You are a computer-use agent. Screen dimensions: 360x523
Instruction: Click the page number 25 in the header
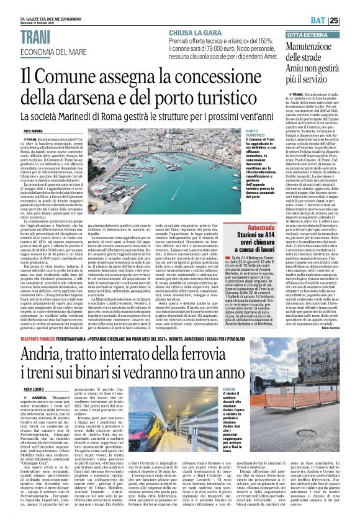click(351, 20)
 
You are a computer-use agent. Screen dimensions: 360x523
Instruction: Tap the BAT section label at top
click(333, 20)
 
